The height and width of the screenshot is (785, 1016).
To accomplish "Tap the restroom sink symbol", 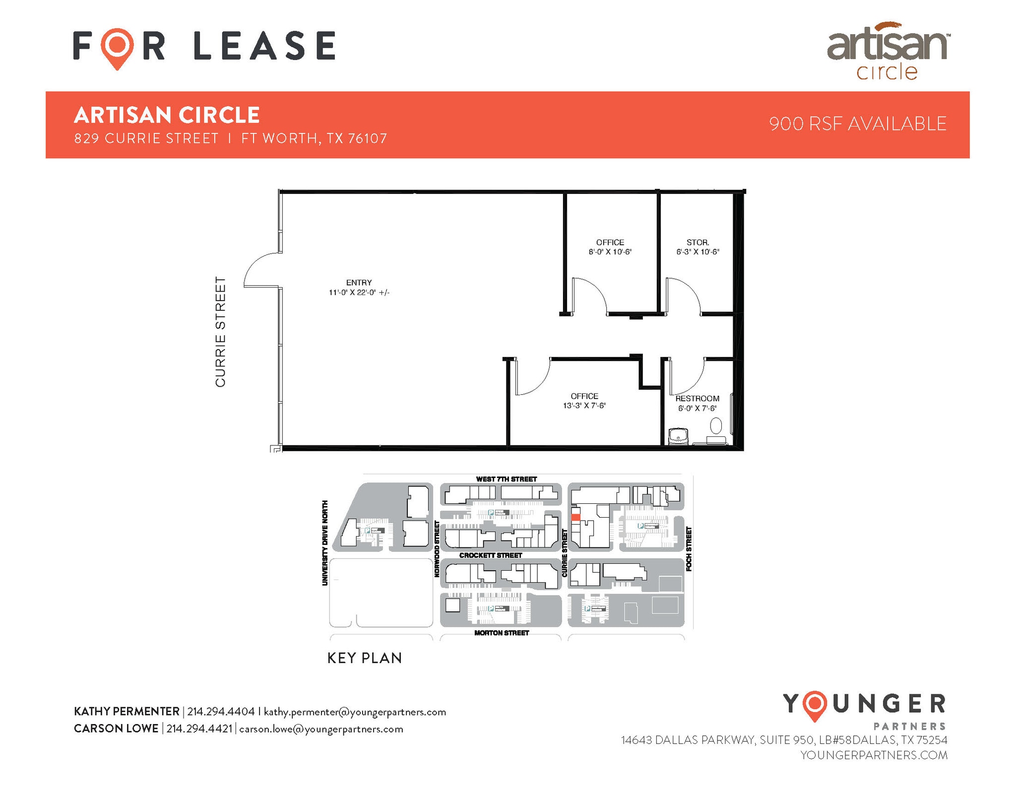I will pyautogui.click(x=678, y=436).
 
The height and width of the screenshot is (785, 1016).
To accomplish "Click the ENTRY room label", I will pyautogui.click(x=359, y=283).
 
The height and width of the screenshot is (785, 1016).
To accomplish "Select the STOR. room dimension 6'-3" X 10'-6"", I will pyautogui.click(x=698, y=252).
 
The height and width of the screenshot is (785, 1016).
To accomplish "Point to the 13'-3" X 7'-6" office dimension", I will pyautogui.click(x=584, y=406).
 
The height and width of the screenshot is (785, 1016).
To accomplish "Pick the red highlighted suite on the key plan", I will pyautogui.click(x=575, y=517).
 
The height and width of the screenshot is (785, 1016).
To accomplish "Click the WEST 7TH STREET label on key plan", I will pyautogui.click(x=506, y=479).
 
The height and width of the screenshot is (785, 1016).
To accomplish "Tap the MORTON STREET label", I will pyautogui.click(x=502, y=633).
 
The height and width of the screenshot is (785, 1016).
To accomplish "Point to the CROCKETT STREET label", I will pyautogui.click(x=491, y=555).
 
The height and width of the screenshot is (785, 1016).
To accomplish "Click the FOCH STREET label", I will pyautogui.click(x=689, y=549).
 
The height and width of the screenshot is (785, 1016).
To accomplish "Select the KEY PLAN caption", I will pyautogui.click(x=365, y=658).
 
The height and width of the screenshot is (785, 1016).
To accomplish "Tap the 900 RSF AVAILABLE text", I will pyautogui.click(x=858, y=124).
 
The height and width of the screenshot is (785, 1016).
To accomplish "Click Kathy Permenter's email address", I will pyautogui.click(x=355, y=712).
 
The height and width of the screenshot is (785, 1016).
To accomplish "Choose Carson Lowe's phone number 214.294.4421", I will pyautogui.click(x=199, y=729).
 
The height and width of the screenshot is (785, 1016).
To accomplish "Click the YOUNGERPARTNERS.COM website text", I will pyautogui.click(x=874, y=755).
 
